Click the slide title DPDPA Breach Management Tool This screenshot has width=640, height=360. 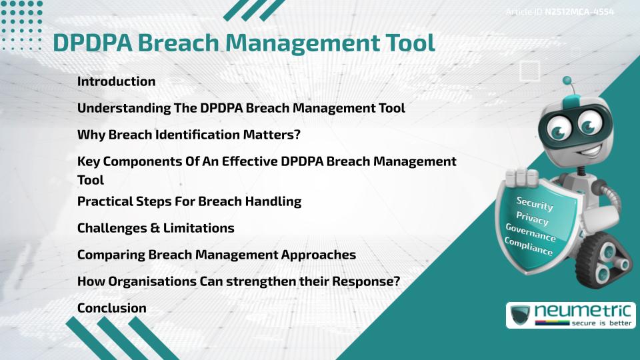(x=244, y=42)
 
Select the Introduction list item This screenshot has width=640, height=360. (x=116, y=81)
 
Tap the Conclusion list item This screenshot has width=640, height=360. (x=111, y=308)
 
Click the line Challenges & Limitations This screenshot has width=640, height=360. (x=155, y=228)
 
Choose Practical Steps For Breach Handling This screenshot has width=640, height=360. (x=189, y=201)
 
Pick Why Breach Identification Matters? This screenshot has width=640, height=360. (x=189, y=135)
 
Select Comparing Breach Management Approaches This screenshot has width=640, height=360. (x=216, y=255)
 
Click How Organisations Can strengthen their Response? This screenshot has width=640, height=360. (x=238, y=281)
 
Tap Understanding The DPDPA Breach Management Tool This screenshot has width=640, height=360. (x=241, y=108)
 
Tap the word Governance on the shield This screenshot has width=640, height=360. (x=531, y=233)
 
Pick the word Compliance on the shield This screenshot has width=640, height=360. (x=529, y=247)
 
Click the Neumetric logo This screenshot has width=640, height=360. (x=570, y=315)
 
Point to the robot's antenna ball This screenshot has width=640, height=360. (x=567, y=81)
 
